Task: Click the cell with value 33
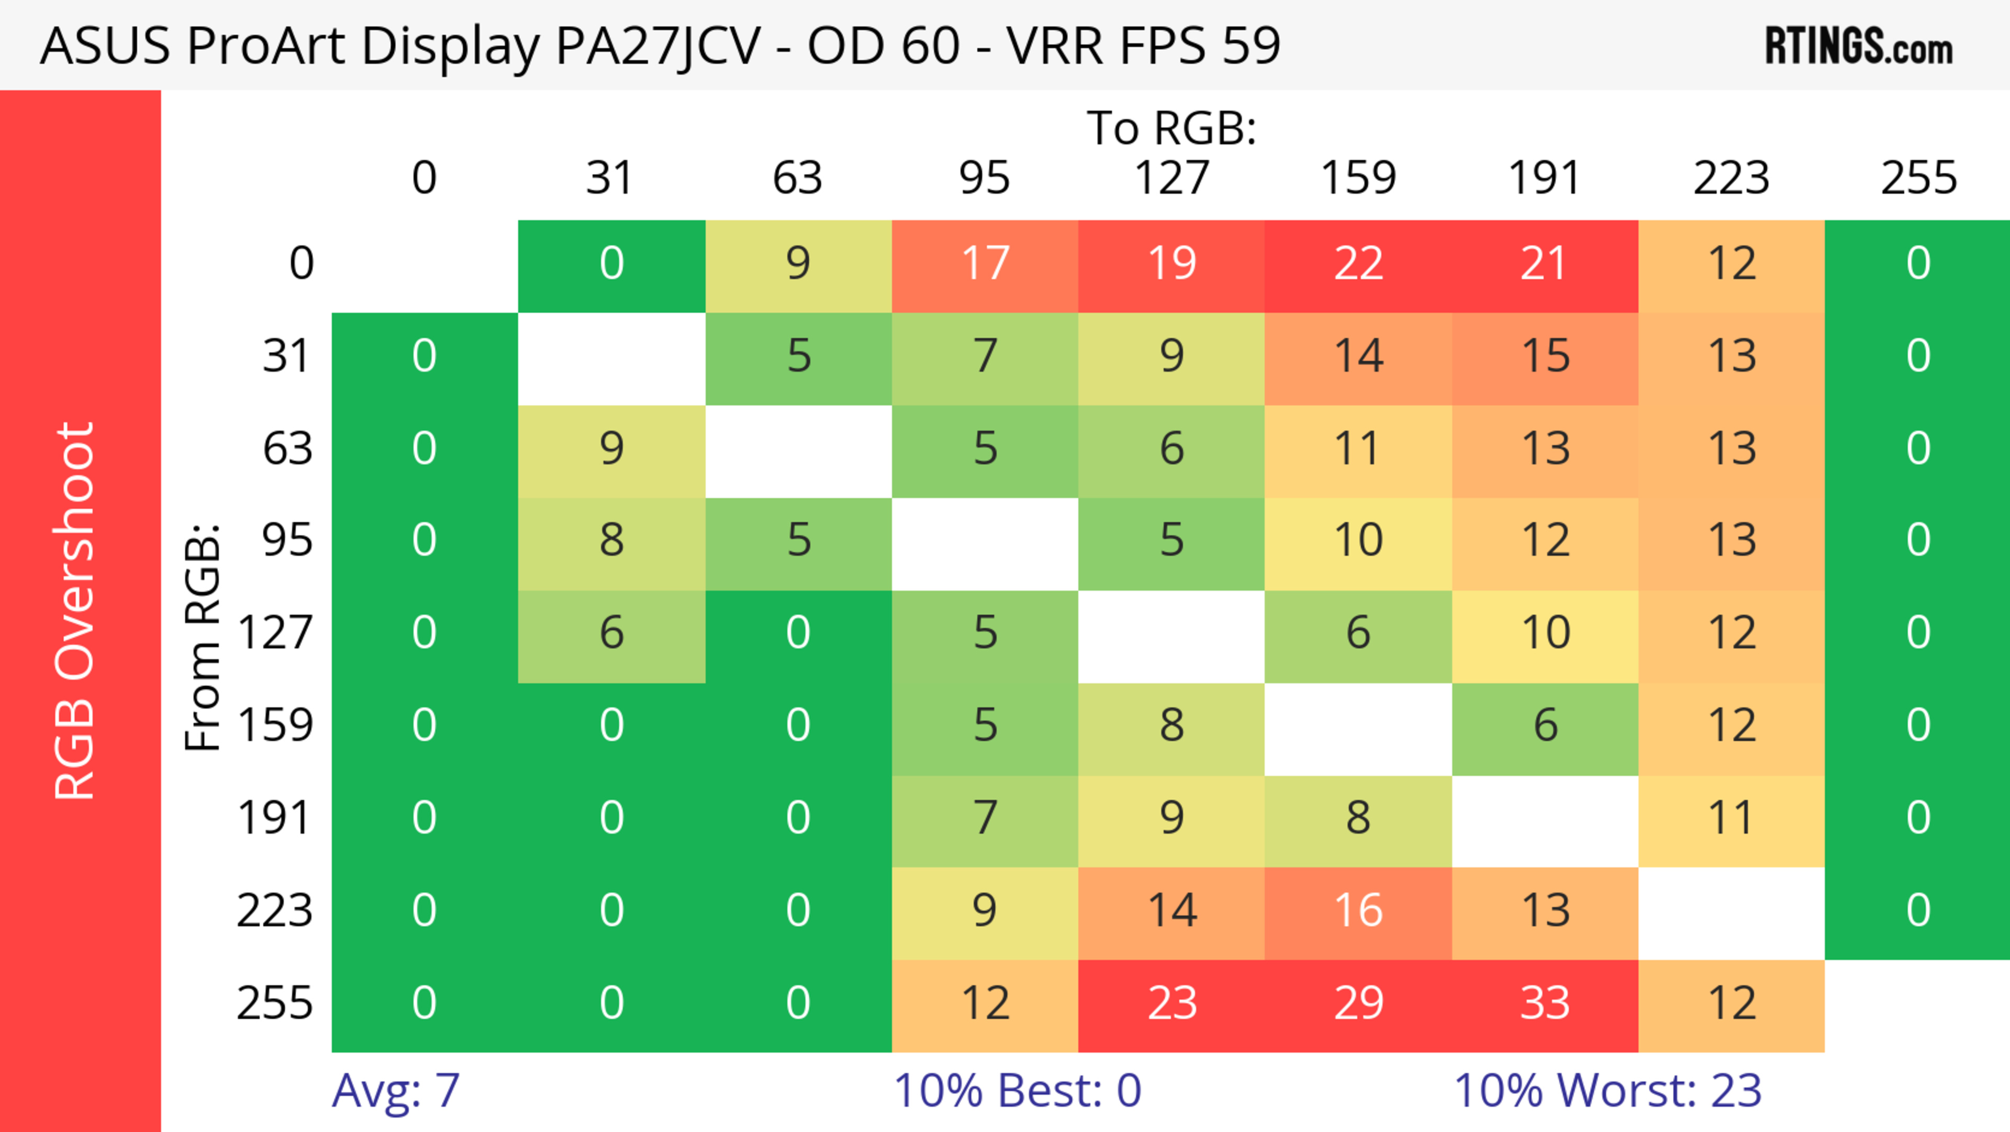coord(1545,1005)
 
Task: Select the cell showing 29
coord(1358,1005)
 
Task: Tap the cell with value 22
coord(1358,266)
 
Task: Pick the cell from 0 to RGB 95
coord(985,266)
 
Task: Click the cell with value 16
coord(1358,913)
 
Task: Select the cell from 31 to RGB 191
coord(1545,358)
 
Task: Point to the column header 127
coord(1171,178)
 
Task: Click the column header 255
coord(1919,178)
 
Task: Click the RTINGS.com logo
coord(1859,47)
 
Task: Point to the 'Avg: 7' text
coord(396,1091)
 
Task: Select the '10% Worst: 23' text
coord(1607,1091)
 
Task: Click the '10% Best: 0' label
coord(1017,1091)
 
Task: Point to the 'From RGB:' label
coord(203,637)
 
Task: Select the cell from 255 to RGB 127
coord(1171,1005)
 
